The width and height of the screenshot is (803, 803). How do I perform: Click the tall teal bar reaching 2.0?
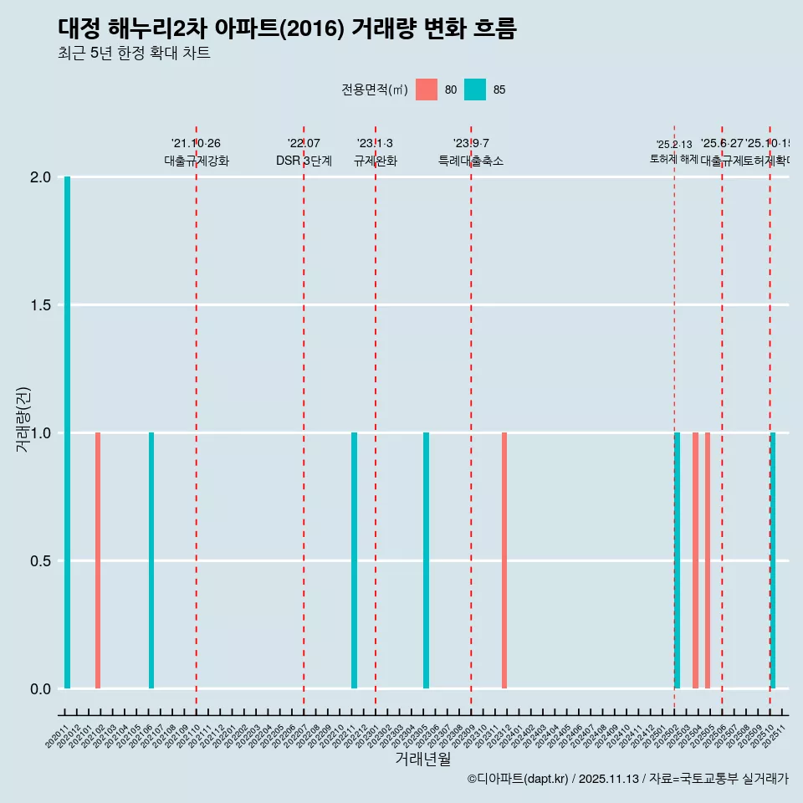click(x=67, y=432)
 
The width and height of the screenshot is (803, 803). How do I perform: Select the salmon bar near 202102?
click(x=98, y=560)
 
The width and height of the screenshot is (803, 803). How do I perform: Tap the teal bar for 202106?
click(x=151, y=560)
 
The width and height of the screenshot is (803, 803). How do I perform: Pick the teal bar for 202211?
click(x=354, y=560)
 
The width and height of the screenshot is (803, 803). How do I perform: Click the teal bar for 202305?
click(x=426, y=560)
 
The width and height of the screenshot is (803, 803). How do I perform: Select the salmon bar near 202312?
click(x=504, y=560)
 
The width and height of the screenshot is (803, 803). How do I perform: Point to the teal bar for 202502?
click(x=677, y=560)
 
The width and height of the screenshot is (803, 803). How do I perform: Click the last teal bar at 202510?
click(x=773, y=560)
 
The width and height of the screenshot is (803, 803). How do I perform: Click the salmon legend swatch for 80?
click(x=427, y=90)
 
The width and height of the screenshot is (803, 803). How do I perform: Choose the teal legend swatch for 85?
click(x=475, y=90)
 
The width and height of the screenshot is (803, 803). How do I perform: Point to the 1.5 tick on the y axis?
click(x=40, y=305)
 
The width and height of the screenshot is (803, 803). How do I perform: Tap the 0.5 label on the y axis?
click(x=40, y=561)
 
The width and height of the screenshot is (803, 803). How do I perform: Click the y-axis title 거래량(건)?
click(x=23, y=419)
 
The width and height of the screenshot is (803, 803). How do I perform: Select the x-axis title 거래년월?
click(x=422, y=759)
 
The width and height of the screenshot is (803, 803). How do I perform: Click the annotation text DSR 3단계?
click(x=304, y=161)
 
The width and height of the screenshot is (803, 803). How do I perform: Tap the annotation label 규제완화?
click(x=375, y=161)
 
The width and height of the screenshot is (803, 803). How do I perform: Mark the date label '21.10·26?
click(x=196, y=144)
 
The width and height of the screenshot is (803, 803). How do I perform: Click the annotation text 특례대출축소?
click(x=471, y=161)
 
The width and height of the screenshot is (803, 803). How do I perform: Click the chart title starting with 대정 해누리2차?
click(x=287, y=28)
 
